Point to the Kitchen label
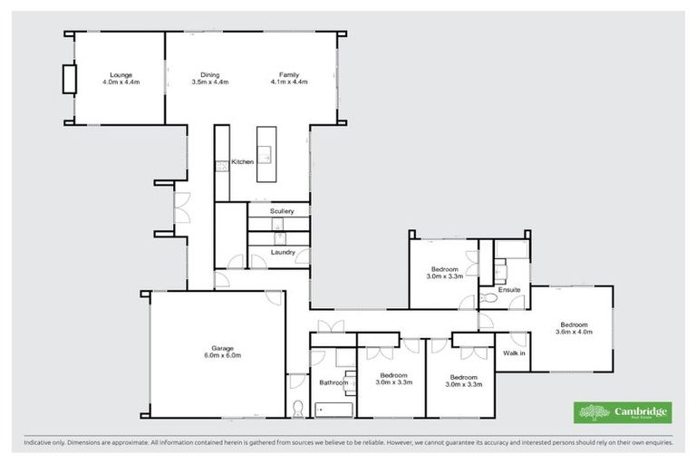(x=242, y=162)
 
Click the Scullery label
(x=282, y=211)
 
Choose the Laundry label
(x=282, y=252)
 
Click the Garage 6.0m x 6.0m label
(x=223, y=352)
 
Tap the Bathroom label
(x=333, y=382)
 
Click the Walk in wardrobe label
(x=514, y=353)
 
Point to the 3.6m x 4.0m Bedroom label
(x=575, y=328)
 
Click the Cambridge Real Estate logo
(x=623, y=412)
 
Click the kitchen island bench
(x=265, y=154)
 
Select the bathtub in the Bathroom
(x=332, y=409)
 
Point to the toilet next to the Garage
(x=297, y=405)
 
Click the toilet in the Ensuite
(x=490, y=298)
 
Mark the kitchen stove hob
(x=220, y=165)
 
